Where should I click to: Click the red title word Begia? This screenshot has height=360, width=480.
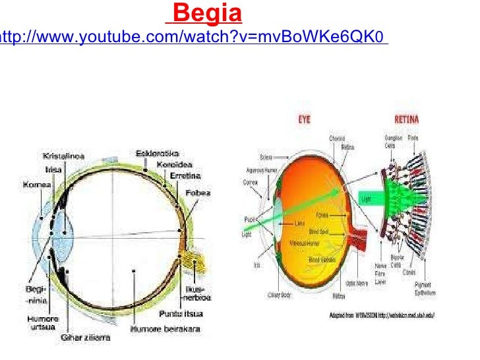[x=209, y=13]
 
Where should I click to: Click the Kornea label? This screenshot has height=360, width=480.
[x=38, y=187]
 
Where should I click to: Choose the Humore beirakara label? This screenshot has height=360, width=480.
[x=162, y=328]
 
